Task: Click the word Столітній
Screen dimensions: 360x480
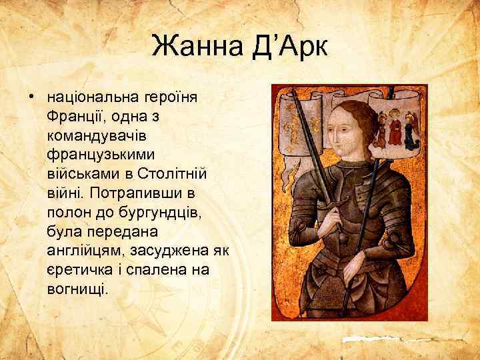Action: [x=175, y=173]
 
